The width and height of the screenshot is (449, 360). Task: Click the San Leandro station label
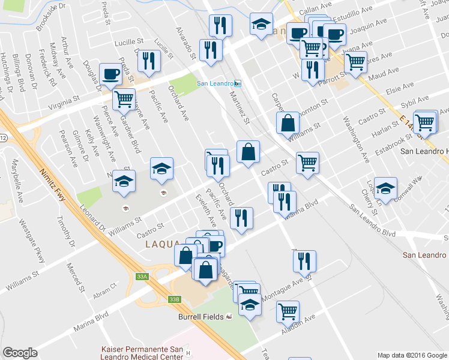tap(215, 83)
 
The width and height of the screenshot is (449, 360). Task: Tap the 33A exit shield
tap(141, 277)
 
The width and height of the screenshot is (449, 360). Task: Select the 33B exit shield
tap(174, 299)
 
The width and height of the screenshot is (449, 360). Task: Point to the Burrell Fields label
tap(200, 317)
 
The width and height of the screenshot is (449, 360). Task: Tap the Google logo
tap(20, 353)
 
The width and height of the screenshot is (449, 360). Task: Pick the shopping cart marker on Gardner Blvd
tap(124, 99)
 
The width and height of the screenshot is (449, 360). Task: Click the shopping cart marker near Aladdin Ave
tap(288, 311)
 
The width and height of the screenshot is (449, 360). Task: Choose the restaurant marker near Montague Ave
tap(304, 261)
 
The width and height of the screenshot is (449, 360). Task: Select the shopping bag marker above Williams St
tap(288, 123)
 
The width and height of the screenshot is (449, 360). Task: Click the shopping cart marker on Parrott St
tap(355, 61)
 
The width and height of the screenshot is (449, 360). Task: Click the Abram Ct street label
tap(104, 292)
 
